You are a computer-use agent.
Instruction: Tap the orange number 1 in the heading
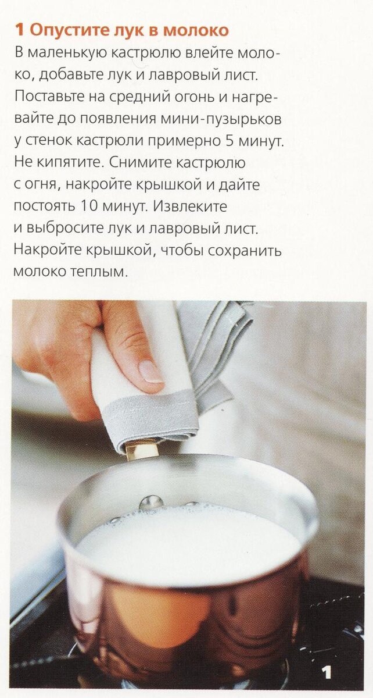coord(20,30)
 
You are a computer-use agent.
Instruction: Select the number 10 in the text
coord(89,206)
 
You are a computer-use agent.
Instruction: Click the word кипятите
coord(71,163)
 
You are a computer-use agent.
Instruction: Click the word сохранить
coord(245,250)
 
